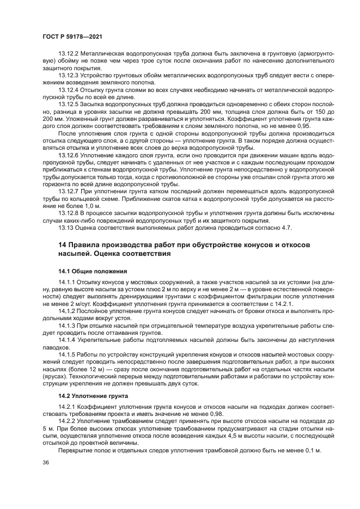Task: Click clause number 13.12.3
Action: [69, 75]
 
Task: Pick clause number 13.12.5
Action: [69, 102]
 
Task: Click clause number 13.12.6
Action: [69, 156]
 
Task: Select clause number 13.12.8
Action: [69, 214]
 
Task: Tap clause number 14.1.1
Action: [67, 282]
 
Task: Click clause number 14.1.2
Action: [67, 310]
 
